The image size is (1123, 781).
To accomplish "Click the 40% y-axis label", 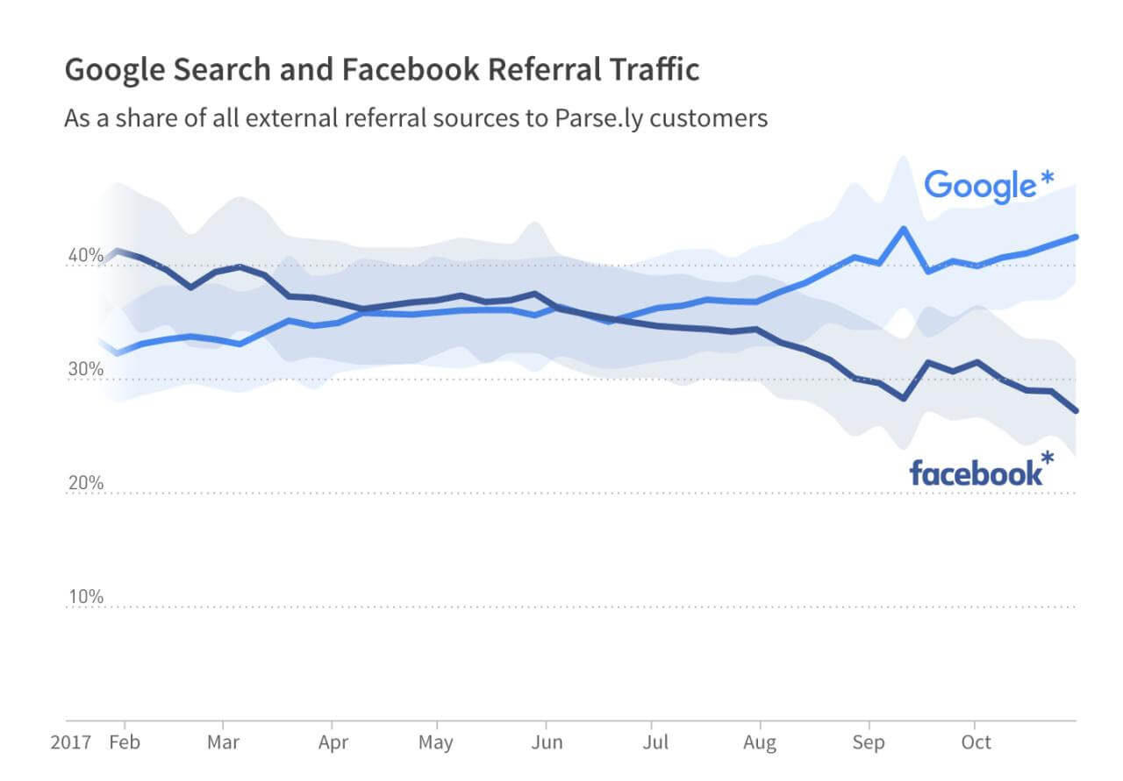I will coord(86,255).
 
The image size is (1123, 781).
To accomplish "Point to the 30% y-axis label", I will coord(86,369).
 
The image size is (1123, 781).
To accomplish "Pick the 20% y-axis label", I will coord(86,483).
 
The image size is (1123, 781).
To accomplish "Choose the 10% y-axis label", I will coord(86,597).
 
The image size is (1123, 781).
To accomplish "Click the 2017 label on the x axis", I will coord(70,742).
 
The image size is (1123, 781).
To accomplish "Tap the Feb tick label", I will coord(125,742).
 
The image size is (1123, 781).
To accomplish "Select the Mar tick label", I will coord(224,742).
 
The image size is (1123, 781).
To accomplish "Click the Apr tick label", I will coord(333,742).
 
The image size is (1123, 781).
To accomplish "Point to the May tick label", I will coord(436,742).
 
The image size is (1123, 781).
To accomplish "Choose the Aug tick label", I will coord(760,742).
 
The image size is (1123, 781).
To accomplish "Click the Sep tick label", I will coord(869,742).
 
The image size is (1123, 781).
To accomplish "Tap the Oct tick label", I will coord(976,742).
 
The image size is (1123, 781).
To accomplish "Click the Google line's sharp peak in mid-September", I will coord(903,229).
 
